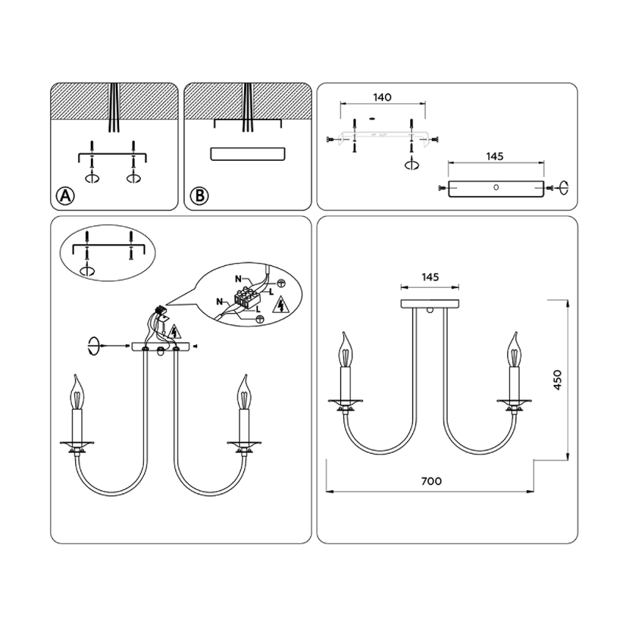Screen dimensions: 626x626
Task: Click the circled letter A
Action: pyautogui.click(x=65, y=195)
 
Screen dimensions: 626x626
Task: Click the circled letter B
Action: pyautogui.click(x=199, y=195)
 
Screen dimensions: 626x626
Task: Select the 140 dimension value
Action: pyautogui.click(x=382, y=97)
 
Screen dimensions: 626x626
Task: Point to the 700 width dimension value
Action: pyautogui.click(x=431, y=481)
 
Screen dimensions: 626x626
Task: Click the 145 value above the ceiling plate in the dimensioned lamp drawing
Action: pyautogui.click(x=429, y=276)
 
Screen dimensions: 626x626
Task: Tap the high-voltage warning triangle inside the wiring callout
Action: pyautogui.click(x=280, y=305)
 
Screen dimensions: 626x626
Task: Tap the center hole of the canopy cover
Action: pyautogui.click(x=496, y=187)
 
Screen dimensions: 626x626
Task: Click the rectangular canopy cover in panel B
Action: pyautogui.click(x=248, y=154)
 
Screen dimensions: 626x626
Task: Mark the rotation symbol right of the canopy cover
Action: pyautogui.click(x=564, y=187)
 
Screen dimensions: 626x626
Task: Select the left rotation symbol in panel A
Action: pyautogui.click(x=92, y=178)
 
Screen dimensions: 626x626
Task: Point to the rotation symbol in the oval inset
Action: pyautogui.click(x=87, y=271)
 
